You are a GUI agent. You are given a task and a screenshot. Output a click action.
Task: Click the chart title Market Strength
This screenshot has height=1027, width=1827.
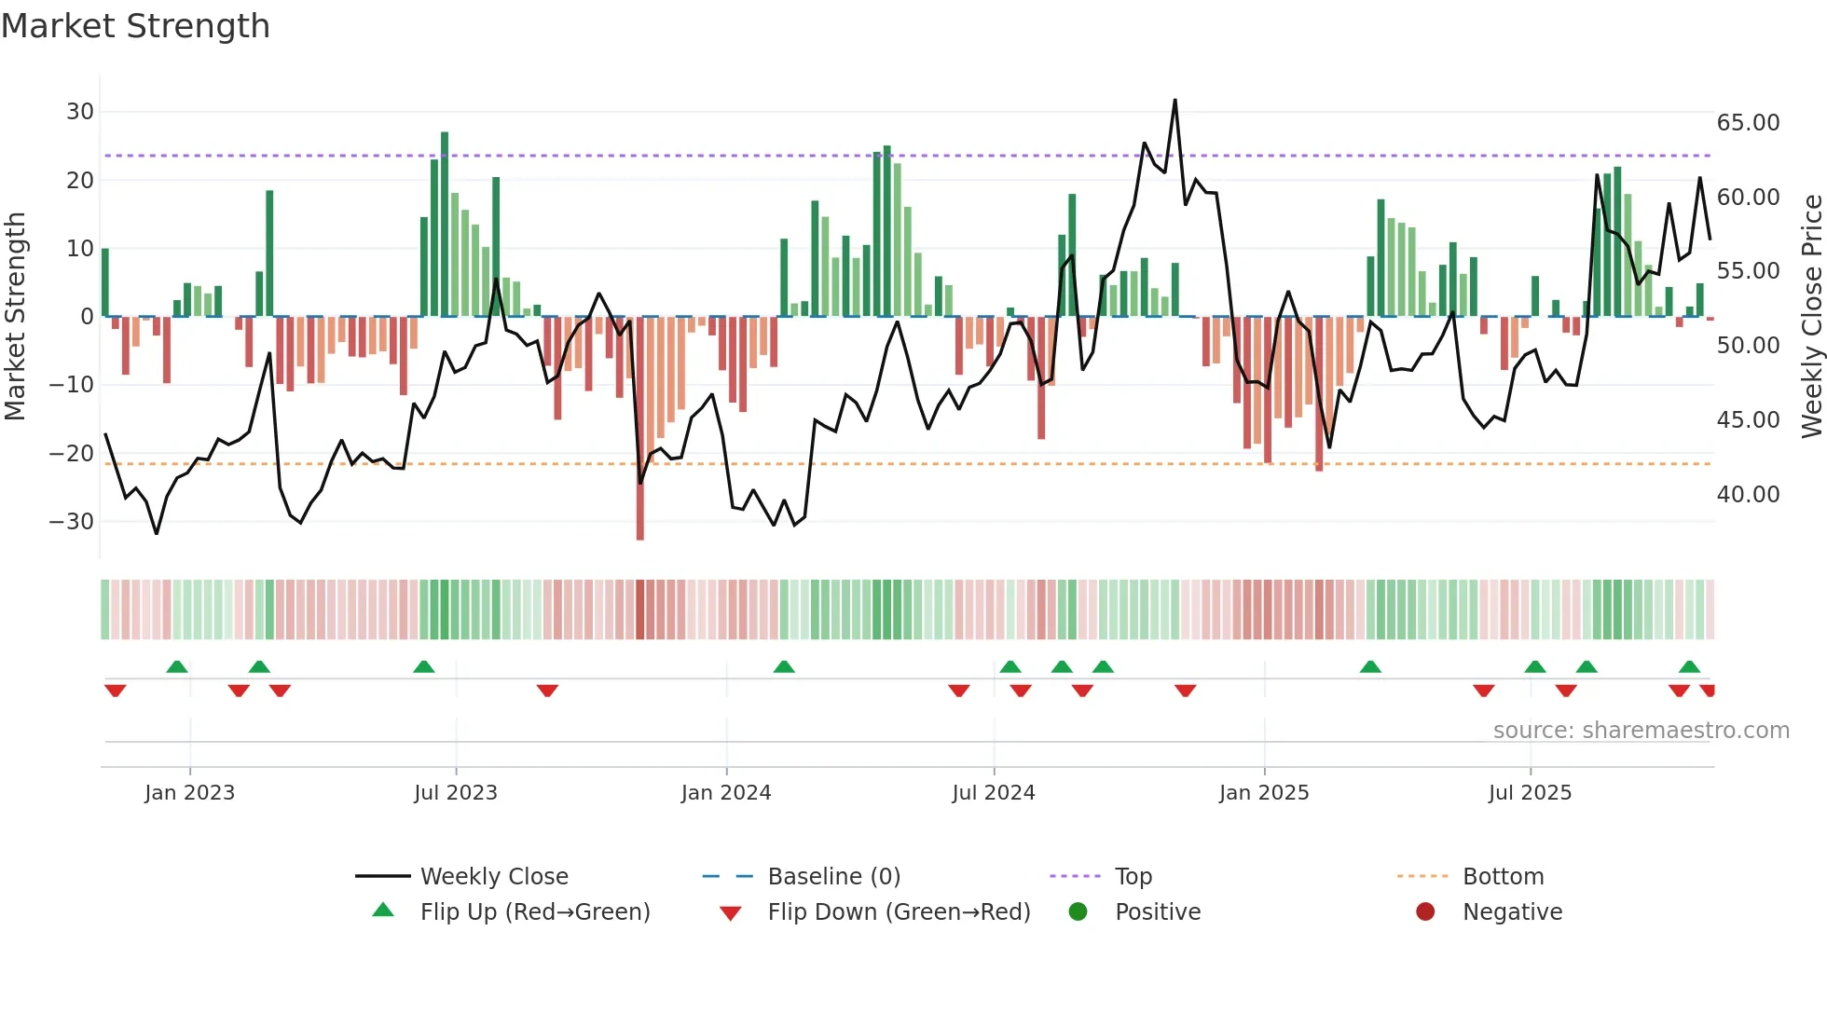135,26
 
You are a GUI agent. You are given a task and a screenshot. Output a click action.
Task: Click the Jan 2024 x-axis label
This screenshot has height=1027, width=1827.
725,793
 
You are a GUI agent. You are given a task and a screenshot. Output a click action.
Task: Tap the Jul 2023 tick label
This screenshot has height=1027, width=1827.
455,793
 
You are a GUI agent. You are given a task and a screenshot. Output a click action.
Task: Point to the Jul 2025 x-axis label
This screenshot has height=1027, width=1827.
1530,793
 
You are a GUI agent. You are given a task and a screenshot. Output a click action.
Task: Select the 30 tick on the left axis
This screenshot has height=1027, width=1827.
80,112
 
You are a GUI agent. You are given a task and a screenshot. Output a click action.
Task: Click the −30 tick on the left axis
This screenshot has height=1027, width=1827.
72,522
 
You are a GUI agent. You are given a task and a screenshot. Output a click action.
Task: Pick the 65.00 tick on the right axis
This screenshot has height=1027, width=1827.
1748,123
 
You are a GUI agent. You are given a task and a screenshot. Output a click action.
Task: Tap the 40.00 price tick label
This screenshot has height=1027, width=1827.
1748,495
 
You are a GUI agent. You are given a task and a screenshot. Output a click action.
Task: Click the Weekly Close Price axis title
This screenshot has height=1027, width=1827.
1811,317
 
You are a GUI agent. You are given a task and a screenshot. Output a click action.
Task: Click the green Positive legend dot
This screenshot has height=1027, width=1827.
1078,912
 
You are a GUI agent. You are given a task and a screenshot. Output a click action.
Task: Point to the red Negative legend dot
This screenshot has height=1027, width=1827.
1424,912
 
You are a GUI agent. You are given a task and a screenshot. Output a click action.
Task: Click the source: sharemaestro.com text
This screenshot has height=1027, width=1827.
1641,731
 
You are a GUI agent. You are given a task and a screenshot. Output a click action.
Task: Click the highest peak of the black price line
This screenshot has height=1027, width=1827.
1174,101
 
